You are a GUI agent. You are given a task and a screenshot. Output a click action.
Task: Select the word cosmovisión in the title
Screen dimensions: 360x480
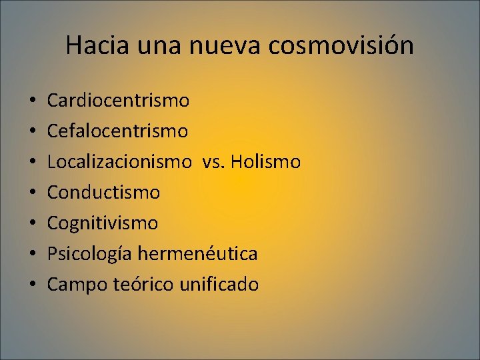(343, 45)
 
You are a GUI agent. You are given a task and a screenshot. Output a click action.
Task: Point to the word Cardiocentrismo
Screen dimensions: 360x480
(118, 101)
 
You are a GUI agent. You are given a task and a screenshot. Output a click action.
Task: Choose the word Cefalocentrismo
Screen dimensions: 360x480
(117, 131)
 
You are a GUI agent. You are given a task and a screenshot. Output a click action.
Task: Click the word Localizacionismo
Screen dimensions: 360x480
(118, 162)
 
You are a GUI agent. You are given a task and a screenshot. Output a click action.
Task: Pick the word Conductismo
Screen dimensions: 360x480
(103, 193)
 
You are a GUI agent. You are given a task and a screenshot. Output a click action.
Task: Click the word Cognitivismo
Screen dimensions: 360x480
(103, 223)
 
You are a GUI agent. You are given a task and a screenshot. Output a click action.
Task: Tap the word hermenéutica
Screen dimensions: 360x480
(197, 254)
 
